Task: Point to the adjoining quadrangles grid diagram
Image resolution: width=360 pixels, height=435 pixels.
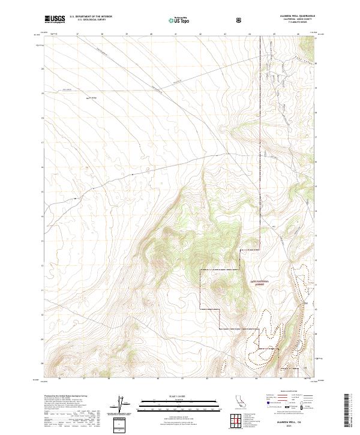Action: (x=238, y=419)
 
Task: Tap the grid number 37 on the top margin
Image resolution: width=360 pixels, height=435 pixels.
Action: (x=79, y=34)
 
